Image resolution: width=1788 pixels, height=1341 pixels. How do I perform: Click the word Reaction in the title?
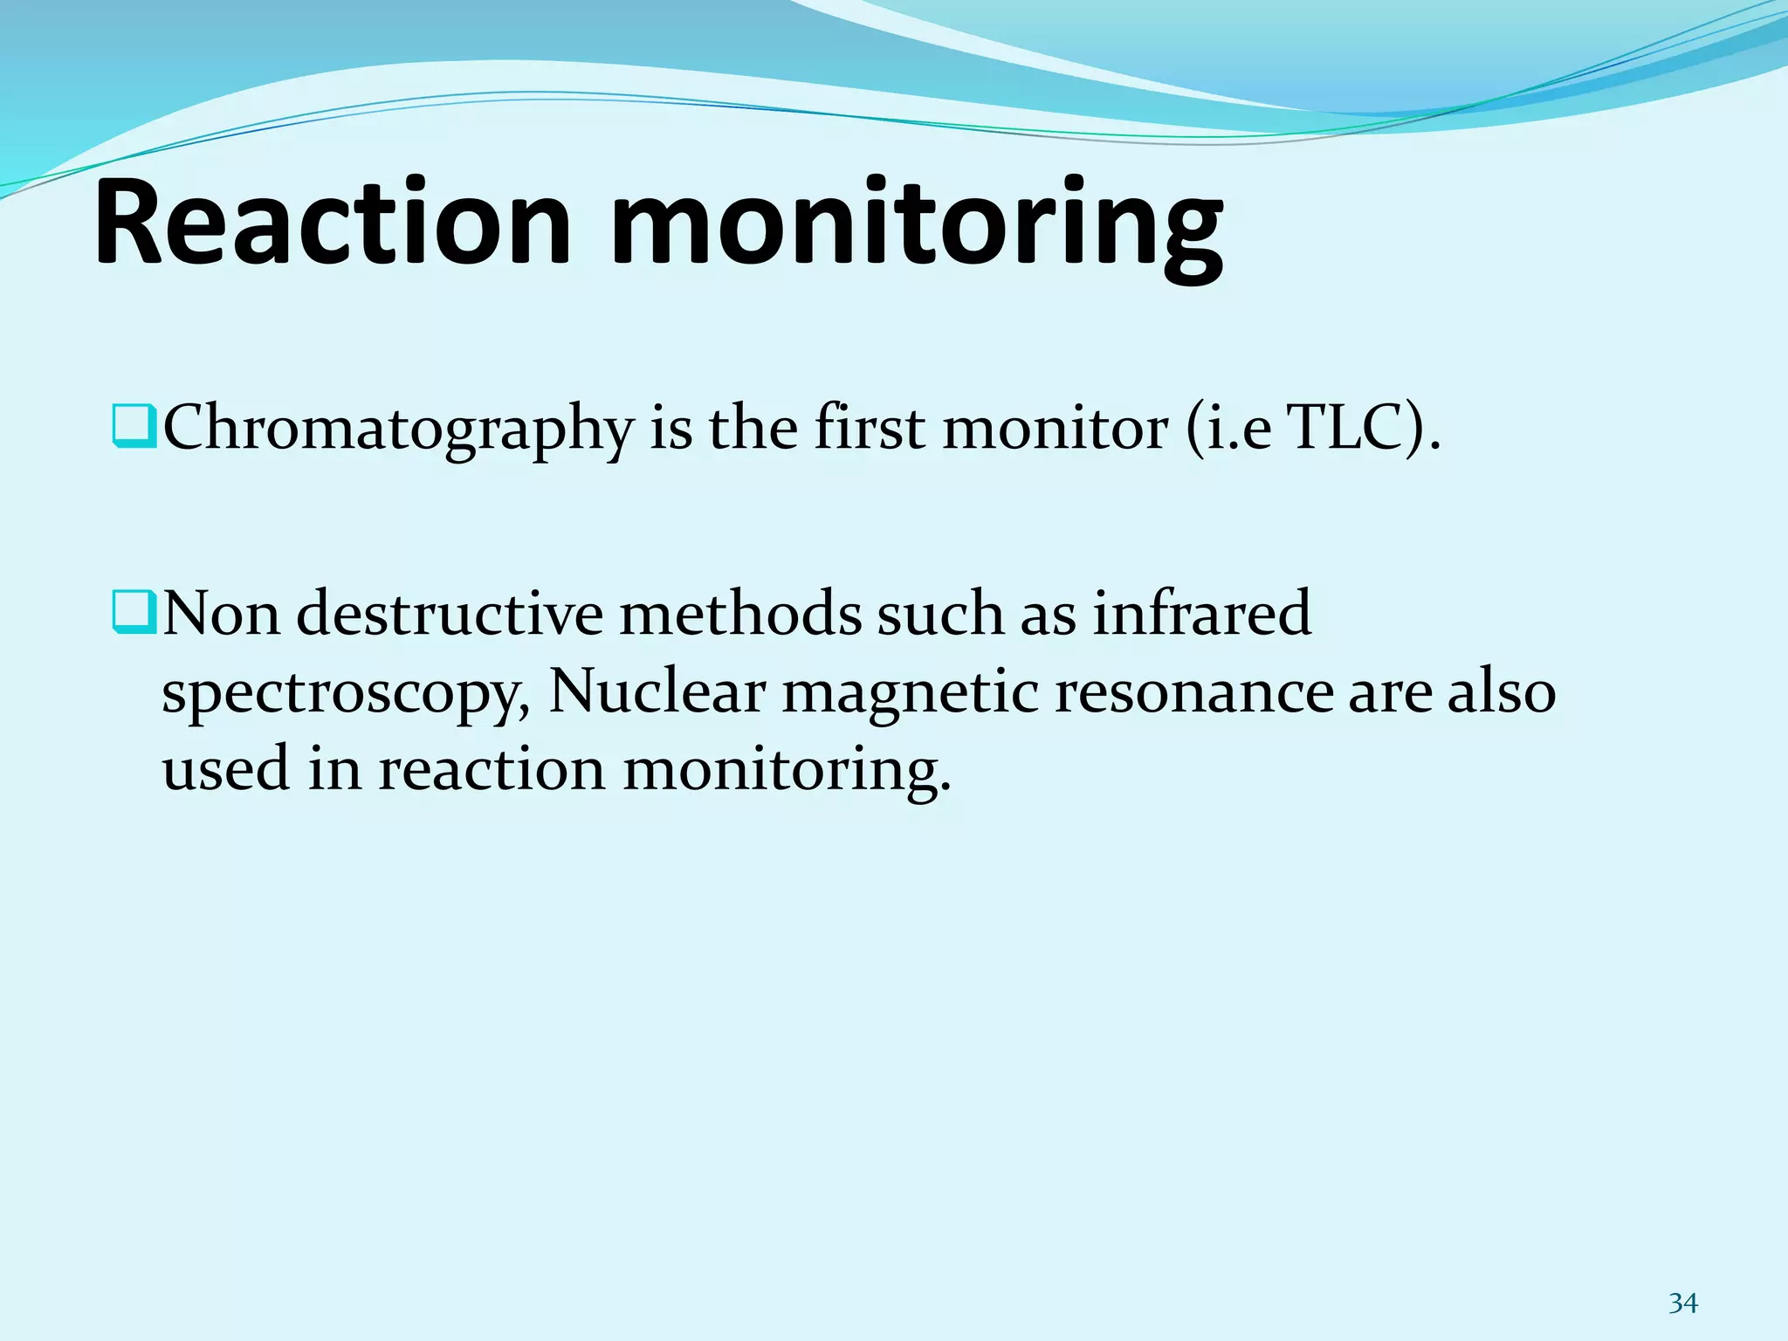(332, 223)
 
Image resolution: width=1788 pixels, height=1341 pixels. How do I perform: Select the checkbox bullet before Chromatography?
(134, 427)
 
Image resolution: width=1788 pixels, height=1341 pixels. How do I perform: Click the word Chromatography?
(398, 430)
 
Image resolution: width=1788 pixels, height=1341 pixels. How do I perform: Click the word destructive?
(449, 613)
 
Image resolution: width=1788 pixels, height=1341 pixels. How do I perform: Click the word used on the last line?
(225, 770)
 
